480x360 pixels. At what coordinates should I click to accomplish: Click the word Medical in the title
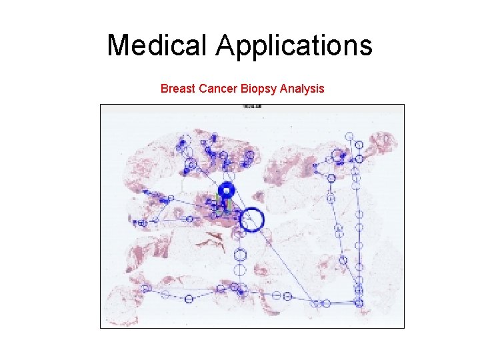(x=157, y=45)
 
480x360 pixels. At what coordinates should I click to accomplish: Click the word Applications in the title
(x=293, y=45)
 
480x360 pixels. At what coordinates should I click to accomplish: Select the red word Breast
(x=177, y=88)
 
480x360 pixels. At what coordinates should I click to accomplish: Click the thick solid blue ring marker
(x=227, y=190)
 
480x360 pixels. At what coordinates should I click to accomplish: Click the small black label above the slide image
(x=252, y=107)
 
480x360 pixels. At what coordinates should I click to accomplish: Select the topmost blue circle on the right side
(x=349, y=136)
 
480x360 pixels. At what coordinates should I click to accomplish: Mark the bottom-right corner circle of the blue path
(x=359, y=303)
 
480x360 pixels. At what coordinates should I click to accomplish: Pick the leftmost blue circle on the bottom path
(x=146, y=289)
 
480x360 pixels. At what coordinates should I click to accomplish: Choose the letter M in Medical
(x=117, y=45)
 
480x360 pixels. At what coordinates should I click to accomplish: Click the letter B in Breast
(x=164, y=88)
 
